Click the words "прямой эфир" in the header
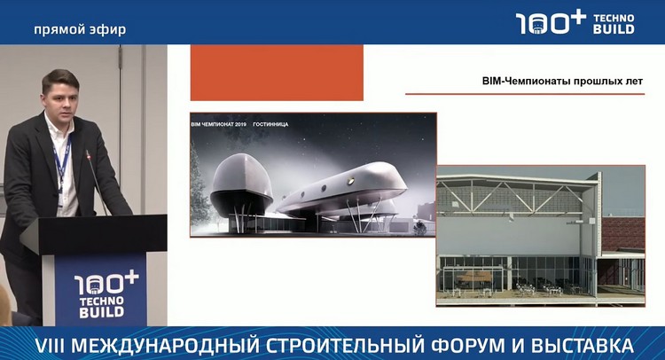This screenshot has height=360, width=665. click(80, 29)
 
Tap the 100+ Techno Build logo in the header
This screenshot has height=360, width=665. click(575, 23)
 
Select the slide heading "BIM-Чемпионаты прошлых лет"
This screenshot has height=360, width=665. click(562, 81)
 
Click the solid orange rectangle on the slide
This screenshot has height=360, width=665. click(277, 73)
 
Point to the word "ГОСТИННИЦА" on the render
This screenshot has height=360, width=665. click(270, 124)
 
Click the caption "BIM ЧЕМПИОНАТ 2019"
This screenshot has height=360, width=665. click(219, 124)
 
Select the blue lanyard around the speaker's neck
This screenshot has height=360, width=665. click(62, 160)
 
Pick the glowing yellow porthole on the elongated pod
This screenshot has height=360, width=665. click(351, 181)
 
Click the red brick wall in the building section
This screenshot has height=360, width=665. click(622, 234)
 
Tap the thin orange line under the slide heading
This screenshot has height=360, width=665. click(525, 94)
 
